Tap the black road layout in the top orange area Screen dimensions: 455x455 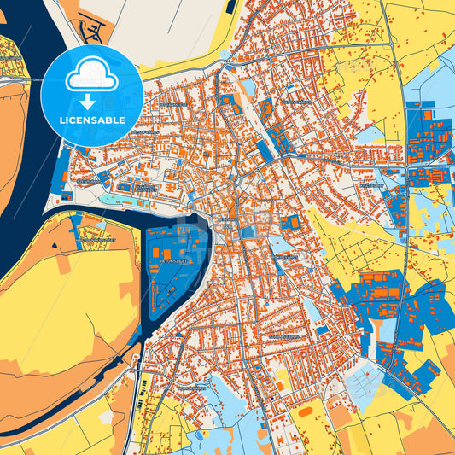[x=89, y=29]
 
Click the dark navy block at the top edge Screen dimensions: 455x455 [x=230, y=5]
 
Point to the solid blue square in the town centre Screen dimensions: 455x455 [x=248, y=232]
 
